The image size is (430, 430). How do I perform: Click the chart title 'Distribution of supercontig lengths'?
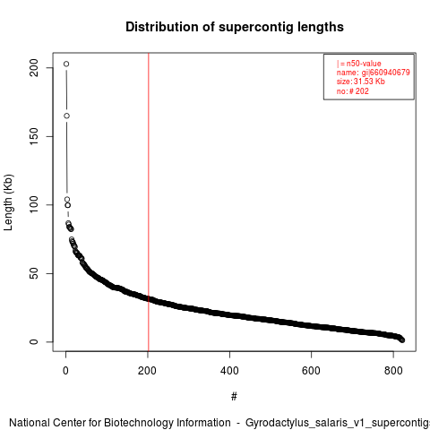tap(235, 27)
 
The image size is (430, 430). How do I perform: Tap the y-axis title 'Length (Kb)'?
tap(8, 202)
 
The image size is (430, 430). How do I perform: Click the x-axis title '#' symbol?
tap(234, 397)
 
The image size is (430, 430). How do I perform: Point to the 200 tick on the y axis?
tap(34, 68)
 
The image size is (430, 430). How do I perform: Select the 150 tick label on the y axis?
tap(34, 136)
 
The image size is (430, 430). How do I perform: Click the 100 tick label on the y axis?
tap(34, 204)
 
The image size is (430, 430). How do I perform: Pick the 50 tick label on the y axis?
tap(34, 273)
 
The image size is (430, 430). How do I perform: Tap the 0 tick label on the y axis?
tap(34, 341)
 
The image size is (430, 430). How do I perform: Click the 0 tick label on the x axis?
tap(65, 371)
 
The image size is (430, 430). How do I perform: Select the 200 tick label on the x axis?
tap(147, 371)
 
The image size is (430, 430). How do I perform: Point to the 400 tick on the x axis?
tap(229, 371)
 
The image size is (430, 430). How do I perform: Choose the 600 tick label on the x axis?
tap(311, 371)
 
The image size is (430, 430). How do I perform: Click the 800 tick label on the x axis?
tap(393, 371)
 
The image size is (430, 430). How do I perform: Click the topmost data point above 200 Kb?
tap(66, 64)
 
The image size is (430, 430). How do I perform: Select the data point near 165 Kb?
tap(66, 116)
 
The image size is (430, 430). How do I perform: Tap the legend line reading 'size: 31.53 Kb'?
tap(361, 82)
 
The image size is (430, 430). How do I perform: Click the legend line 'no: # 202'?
tap(353, 91)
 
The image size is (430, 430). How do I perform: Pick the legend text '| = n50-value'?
tap(359, 64)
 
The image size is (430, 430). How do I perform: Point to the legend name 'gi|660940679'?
tap(386, 73)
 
